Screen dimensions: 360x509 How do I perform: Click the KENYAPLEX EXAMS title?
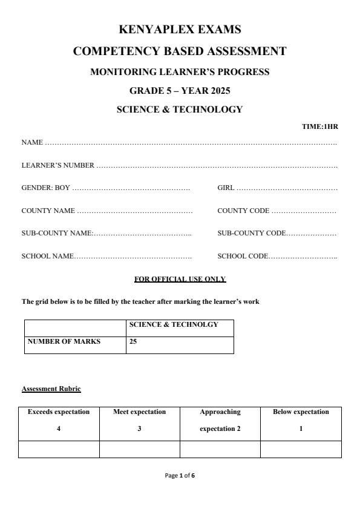pos(180,29)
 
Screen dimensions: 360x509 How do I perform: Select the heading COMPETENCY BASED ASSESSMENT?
pos(180,51)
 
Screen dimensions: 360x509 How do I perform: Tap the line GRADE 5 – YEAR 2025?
pos(180,91)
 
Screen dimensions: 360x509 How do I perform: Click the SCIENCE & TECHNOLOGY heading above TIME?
pos(180,110)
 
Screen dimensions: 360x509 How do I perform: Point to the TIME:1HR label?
pos(319,126)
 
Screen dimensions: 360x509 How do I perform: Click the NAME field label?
pos(32,143)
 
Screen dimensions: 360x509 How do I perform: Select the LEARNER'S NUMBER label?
pos(57,165)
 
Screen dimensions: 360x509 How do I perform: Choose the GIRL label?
pos(226,188)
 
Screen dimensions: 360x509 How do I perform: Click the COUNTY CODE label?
pos(243,211)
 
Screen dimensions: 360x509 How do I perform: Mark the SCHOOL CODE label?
pos(242,256)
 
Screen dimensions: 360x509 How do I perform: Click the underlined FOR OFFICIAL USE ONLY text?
pos(180,279)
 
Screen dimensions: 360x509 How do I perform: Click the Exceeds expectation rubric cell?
pos(59,420)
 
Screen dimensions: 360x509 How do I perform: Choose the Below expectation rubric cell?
pos(301,420)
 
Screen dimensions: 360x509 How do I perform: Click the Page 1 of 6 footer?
pos(180,476)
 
